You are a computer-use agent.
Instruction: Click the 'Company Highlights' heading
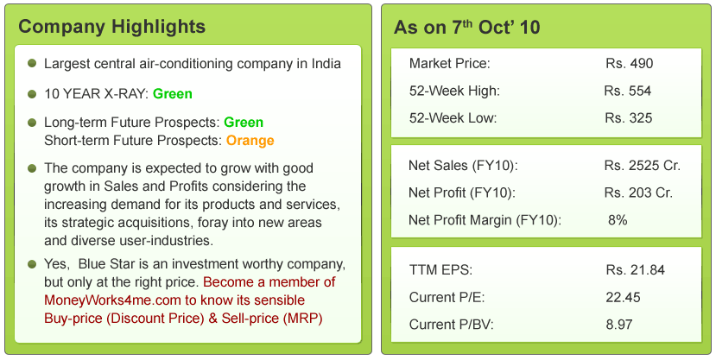tap(112, 27)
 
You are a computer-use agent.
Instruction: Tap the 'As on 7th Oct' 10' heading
tap(466, 27)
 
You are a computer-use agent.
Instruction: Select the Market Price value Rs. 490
tap(630, 63)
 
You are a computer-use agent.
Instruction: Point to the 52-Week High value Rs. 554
tap(627, 91)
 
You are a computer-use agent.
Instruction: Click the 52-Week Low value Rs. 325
tap(629, 118)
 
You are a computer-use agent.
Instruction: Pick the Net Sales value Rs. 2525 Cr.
tap(643, 166)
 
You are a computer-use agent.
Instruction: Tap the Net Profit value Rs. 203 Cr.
tap(638, 193)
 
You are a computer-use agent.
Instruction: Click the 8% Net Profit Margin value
tap(618, 220)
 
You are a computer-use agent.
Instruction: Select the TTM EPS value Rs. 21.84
tap(635, 270)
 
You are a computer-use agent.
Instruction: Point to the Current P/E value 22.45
tap(624, 298)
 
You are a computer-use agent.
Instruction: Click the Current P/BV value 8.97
tap(619, 325)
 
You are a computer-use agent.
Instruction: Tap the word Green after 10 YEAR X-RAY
tap(173, 94)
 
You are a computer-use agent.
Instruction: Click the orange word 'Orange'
tap(250, 141)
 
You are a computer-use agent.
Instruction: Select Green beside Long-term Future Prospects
tap(244, 123)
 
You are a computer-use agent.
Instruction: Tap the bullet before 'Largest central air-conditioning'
tap(32, 63)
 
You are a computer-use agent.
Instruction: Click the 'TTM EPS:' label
tap(440, 270)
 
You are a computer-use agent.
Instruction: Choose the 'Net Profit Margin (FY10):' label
tap(485, 220)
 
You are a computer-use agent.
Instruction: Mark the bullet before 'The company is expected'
tap(32, 168)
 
